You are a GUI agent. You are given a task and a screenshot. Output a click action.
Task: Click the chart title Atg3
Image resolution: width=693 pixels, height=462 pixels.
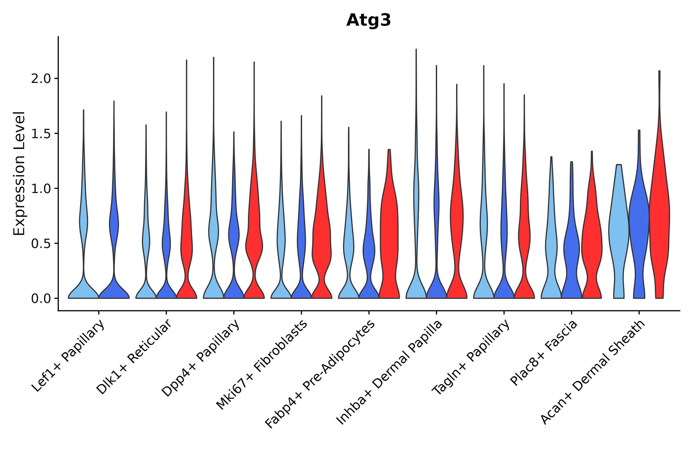(x=368, y=20)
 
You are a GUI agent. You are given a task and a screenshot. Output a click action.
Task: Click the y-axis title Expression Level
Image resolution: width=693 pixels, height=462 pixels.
(x=19, y=174)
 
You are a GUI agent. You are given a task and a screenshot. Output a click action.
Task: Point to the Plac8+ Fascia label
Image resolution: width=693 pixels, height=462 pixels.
(x=544, y=353)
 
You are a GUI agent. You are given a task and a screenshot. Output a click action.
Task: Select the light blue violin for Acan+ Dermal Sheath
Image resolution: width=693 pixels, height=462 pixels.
(x=619, y=230)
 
